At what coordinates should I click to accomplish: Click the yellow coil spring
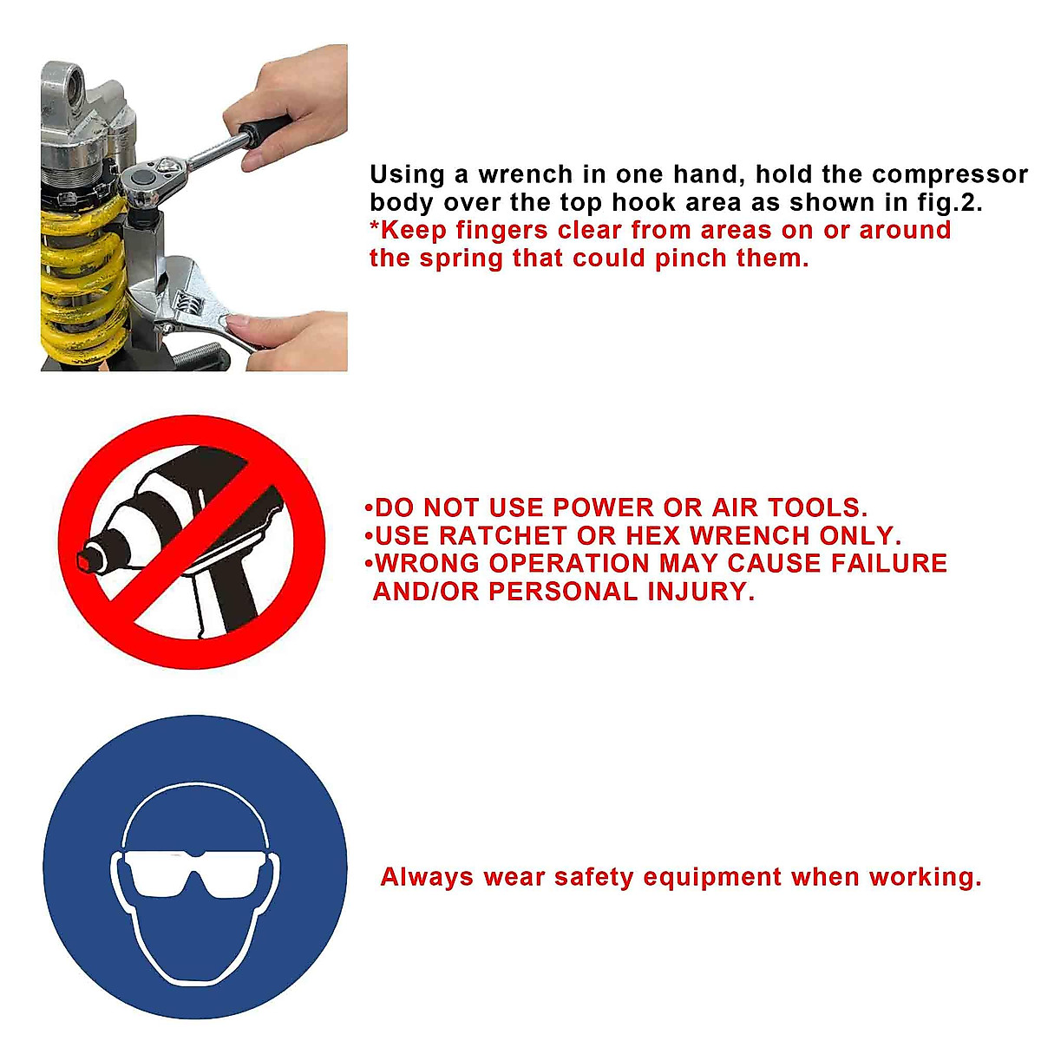[74, 278]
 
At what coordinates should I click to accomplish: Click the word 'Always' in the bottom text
[427, 877]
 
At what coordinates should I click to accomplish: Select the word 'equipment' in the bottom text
[712, 877]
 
